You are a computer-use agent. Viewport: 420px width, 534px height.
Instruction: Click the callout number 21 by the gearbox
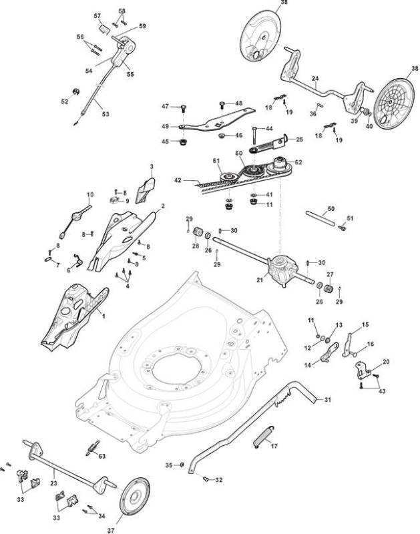point(260,280)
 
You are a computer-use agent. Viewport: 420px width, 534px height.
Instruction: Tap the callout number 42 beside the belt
point(178,180)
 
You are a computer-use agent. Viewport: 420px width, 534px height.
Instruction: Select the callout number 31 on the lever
point(327,399)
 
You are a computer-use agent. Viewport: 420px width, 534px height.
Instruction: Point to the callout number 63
point(102,456)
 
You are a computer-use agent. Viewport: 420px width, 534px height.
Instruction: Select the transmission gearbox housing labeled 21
point(281,270)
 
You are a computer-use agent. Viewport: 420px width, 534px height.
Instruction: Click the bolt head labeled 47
point(184,108)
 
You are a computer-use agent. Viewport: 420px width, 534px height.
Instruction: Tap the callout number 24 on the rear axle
point(315,79)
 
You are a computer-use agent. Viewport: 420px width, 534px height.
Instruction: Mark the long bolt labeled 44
point(254,139)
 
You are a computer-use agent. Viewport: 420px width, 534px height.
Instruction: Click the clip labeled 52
point(76,92)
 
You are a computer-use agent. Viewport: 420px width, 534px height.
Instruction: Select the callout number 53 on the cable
point(106,113)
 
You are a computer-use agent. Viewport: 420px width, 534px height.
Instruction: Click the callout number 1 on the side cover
point(104,316)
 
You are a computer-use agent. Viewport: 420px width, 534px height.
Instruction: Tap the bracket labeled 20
point(362,370)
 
